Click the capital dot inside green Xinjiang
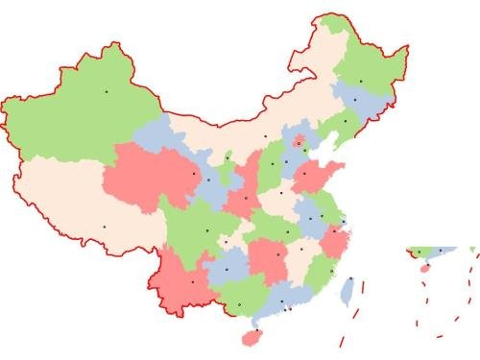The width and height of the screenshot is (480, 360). point(107,91)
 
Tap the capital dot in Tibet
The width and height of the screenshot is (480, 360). point(105,226)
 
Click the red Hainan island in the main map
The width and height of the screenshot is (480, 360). point(252,337)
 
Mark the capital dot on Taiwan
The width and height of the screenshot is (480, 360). point(351,279)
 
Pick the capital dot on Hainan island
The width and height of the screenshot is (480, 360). point(254,331)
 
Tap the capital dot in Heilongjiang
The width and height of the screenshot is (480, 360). point(361,81)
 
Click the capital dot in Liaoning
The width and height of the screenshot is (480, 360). point(345,121)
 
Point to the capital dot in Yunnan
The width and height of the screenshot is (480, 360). point(193,282)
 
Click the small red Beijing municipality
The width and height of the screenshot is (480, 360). point(300,142)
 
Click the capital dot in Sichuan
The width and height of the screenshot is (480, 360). point(206,230)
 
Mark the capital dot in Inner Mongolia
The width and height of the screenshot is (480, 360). point(266,135)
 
